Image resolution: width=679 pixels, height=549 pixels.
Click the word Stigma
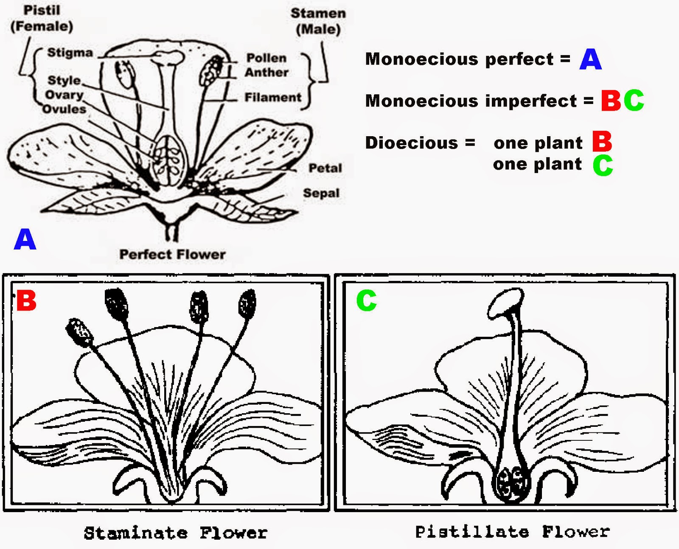coord(70,53)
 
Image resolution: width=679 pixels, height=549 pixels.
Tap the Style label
coord(64,80)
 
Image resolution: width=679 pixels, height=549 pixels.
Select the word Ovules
coord(64,109)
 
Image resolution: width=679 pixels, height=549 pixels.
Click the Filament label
coord(273,98)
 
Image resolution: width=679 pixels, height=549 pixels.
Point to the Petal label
coord(325,168)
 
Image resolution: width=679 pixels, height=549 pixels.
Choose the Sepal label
coord(321,193)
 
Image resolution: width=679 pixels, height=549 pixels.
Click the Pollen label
coord(267,58)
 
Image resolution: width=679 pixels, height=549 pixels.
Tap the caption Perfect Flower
coord(172,255)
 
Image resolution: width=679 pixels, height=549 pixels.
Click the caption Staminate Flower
coord(176,533)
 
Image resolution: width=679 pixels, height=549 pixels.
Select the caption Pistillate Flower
coord(512,532)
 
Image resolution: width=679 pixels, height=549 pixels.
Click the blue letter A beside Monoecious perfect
coord(590,59)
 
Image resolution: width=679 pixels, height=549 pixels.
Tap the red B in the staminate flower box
coord(26,301)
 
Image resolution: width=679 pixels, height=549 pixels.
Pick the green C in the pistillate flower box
coord(366,300)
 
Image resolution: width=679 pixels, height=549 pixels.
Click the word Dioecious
coord(412,143)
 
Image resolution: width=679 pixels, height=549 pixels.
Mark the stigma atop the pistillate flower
coord(505,302)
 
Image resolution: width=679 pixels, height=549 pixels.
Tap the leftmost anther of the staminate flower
coord(80,332)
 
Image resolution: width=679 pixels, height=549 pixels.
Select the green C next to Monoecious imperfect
coord(634,101)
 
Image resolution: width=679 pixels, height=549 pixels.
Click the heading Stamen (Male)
coord(318,21)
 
